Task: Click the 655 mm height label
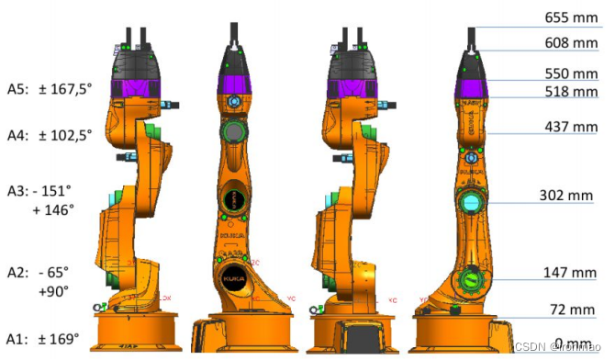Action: click(x=570, y=17)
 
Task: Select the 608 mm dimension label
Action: click(x=570, y=43)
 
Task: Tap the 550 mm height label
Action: click(x=570, y=73)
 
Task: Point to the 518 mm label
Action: click(x=570, y=92)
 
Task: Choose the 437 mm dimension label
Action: click(x=570, y=127)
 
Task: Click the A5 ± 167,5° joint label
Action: click(x=51, y=90)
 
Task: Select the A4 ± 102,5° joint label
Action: click(x=51, y=135)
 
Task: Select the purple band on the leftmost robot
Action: click(x=137, y=90)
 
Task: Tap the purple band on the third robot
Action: click(x=351, y=89)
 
